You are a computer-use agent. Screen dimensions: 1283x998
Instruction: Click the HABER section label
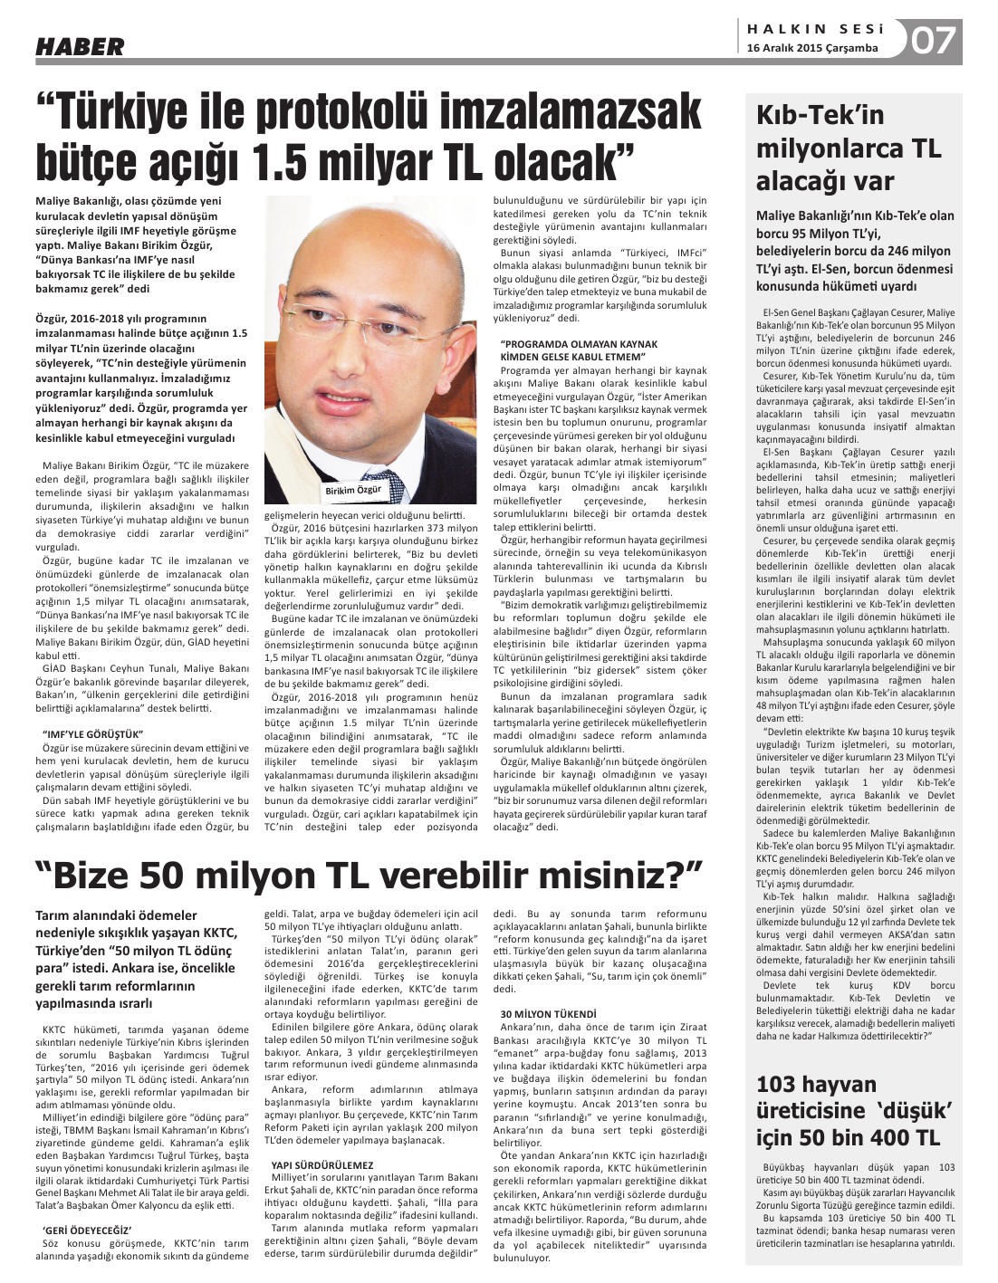[x=80, y=46]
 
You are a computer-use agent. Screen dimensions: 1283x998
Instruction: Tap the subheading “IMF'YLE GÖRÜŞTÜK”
[x=93, y=733]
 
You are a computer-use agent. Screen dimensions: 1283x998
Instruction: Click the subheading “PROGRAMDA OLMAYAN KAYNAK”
[x=579, y=344]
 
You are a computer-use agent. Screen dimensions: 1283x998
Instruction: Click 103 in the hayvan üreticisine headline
[x=784, y=1086]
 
